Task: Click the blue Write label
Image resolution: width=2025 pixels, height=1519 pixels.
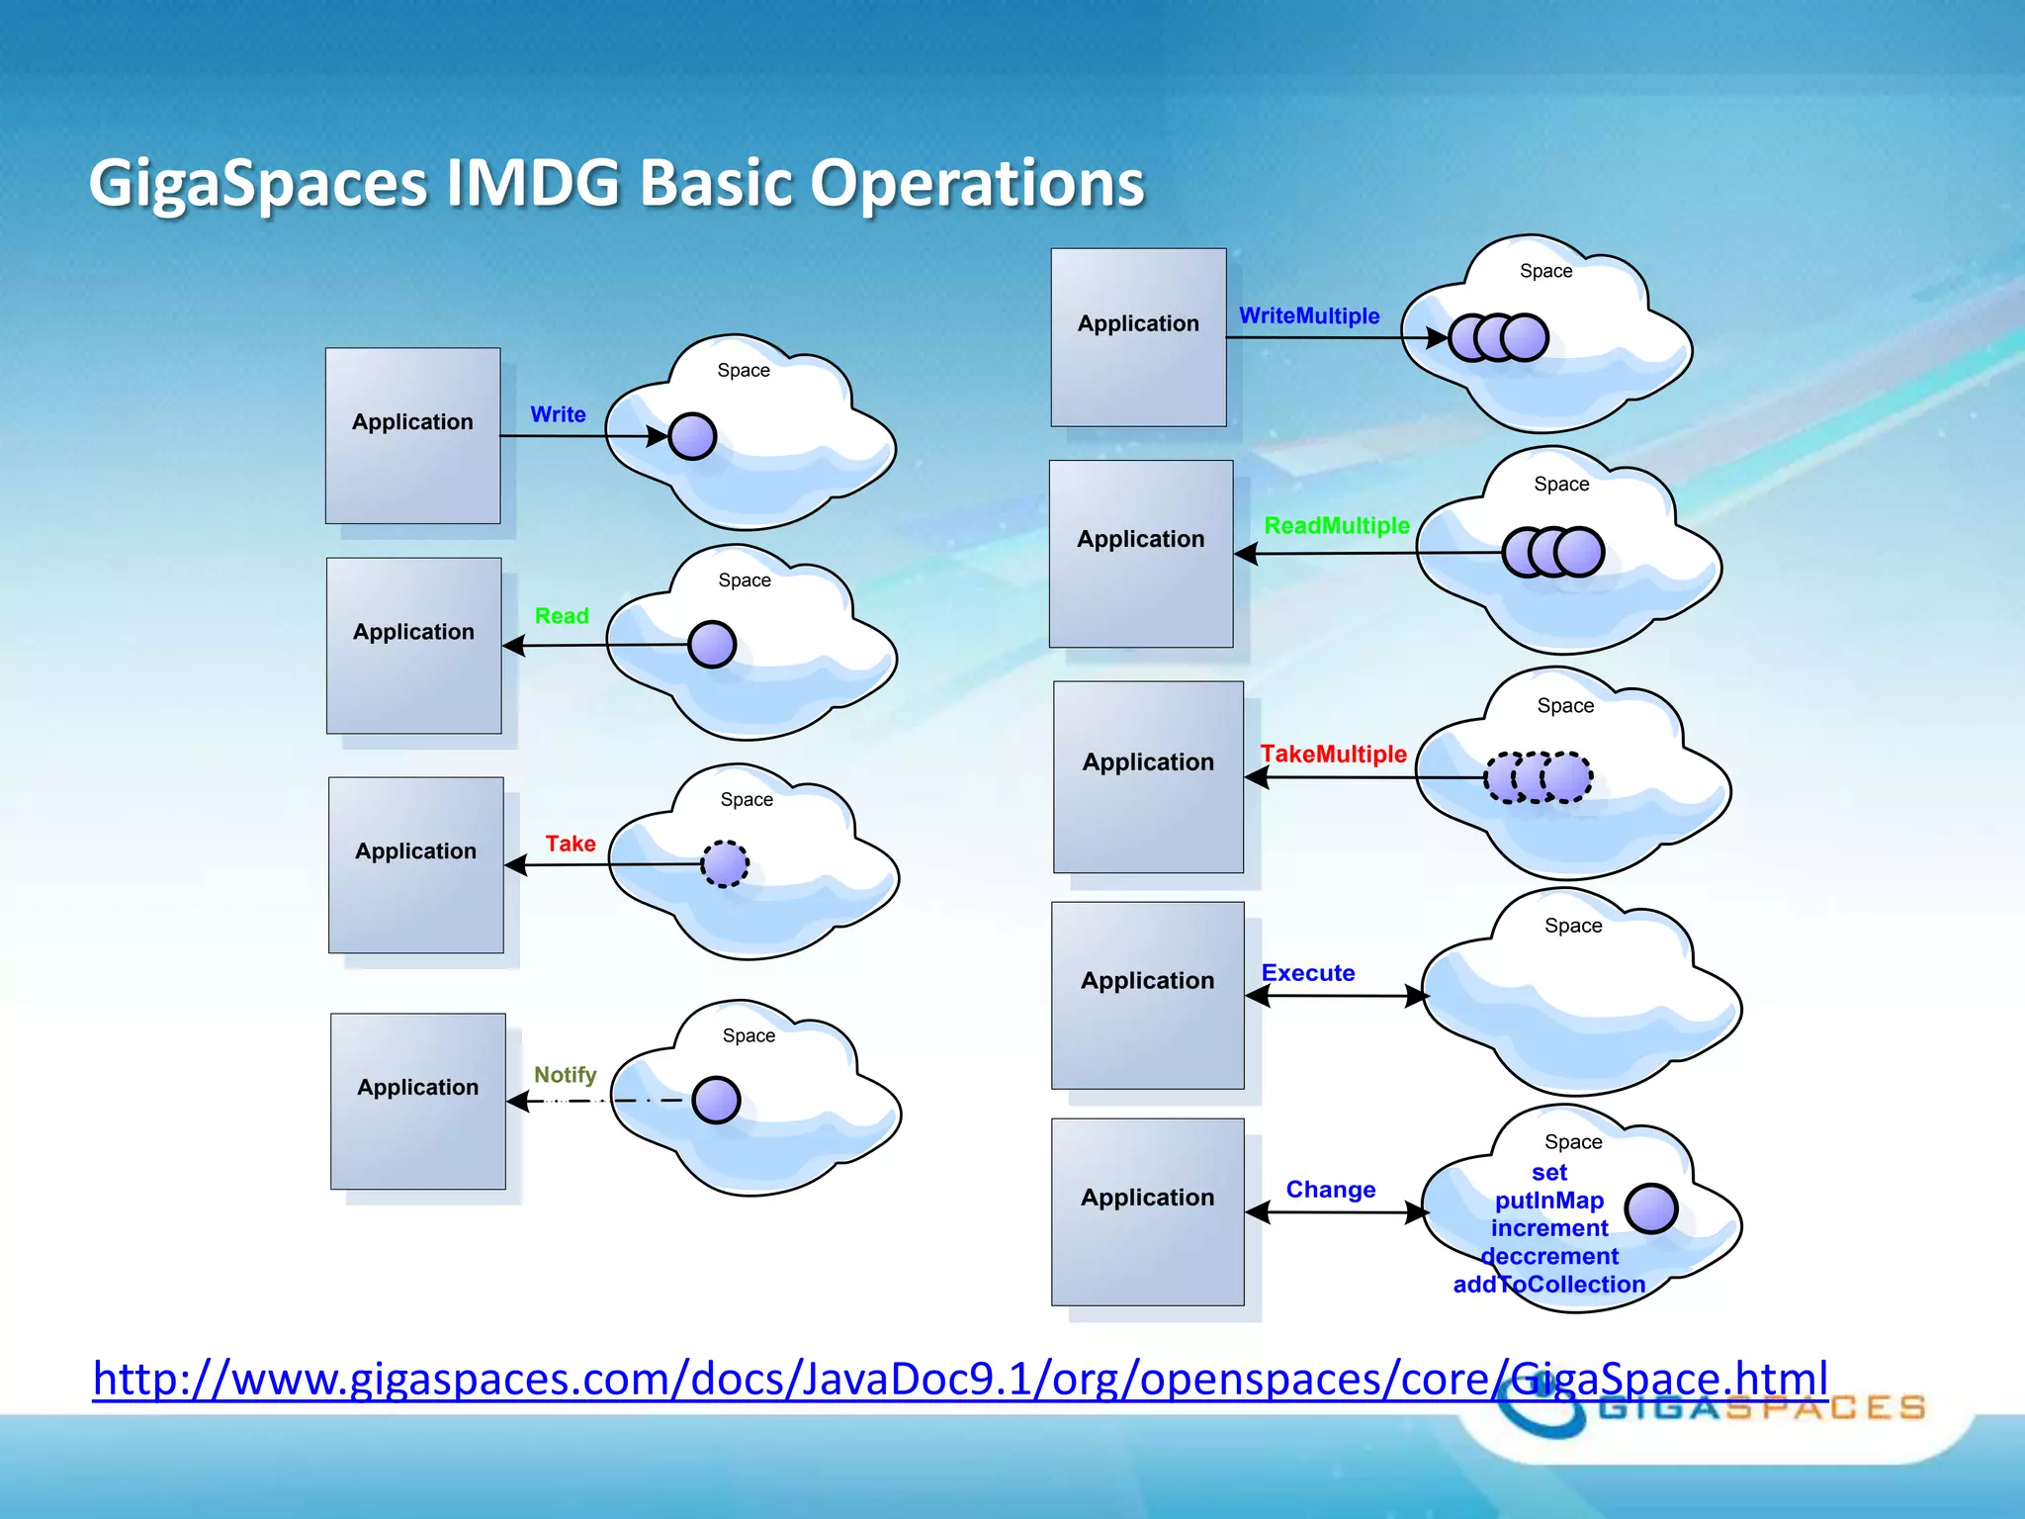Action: (558, 414)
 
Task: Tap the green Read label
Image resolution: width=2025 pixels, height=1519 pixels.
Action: (562, 616)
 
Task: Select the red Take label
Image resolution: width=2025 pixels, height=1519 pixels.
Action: (571, 844)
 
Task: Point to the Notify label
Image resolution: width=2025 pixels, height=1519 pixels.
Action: (565, 1075)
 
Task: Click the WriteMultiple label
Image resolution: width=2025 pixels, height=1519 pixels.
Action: (1309, 316)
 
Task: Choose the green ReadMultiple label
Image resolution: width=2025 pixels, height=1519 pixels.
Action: (1337, 526)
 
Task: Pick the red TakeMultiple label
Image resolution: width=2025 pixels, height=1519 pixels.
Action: (1333, 755)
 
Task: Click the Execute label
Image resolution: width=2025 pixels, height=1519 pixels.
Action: (1307, 973)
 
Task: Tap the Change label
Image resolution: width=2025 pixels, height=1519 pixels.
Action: (1330, 1190)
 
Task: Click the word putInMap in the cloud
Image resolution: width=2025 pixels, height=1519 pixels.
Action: (1548, 1201)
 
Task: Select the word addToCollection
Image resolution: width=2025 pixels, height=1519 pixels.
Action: (1548, 1285)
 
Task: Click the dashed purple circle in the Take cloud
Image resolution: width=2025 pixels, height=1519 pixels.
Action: (725, 864)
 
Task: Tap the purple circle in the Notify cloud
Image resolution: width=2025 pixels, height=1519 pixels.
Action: (716, 1100)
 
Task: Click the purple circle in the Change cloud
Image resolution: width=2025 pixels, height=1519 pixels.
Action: (1650, 1207)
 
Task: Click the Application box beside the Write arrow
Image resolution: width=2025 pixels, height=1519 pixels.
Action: (412, 435)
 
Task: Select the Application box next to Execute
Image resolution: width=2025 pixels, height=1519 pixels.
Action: (1147, 995)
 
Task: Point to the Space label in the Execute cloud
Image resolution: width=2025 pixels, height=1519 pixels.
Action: (1573, 926)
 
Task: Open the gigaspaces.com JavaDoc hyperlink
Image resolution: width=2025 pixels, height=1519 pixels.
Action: (959, 1379)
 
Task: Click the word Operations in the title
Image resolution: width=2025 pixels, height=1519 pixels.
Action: (977, 183)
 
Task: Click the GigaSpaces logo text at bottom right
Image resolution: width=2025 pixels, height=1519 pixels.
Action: (1761, 1407)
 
